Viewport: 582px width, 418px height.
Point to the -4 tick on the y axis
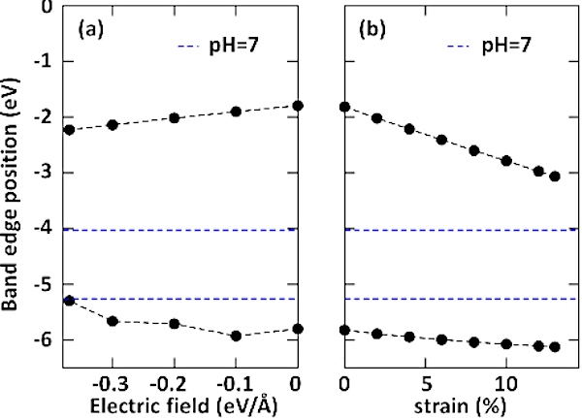pyautogui.click(x=42, y=230)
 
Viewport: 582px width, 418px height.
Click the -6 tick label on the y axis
pyautogui.click(x=42, y=341)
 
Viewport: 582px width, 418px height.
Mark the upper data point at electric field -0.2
pyautogui.click(x=175, y=117)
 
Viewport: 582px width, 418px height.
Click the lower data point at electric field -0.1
pyautogui.click(x=236, y=336)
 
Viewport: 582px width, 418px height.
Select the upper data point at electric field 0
pyautogui.click(x=298, y=105)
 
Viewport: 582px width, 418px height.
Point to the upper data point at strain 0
pyautogui.click(x=344, y=106)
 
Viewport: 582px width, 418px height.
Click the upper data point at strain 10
pyautogui.click(x=506, y=160)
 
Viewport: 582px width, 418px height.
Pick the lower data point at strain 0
pyautogui.click(x=344, y=330)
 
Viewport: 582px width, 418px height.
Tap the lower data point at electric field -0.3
pyautogui.click(x=113, y=320)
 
